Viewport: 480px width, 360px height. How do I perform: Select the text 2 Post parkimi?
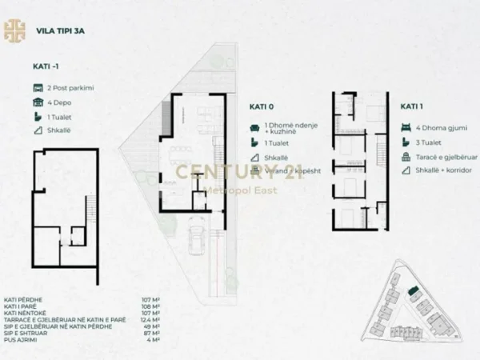(71, 88)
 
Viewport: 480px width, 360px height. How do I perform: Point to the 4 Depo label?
(61, 102)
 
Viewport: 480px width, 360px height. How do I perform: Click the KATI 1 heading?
(412, 105)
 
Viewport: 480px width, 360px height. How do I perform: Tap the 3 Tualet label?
(423, 141)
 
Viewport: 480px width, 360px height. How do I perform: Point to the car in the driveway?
(197, 237)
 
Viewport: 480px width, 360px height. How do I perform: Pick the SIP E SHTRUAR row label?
(29, 334)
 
